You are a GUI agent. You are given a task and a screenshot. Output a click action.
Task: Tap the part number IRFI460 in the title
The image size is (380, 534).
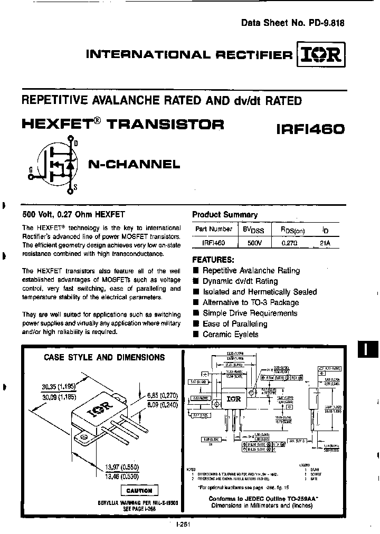click(x=310, y=128)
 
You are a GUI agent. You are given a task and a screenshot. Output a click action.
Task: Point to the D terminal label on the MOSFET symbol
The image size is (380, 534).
click(x=75, y=143)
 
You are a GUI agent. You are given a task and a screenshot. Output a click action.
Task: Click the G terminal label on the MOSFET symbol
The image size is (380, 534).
click(x=30, y=169)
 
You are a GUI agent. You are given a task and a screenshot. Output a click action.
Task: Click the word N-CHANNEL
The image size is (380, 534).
click(x=134, y=164)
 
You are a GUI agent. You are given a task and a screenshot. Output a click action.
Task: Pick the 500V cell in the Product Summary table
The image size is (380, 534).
click(x=254, y=243)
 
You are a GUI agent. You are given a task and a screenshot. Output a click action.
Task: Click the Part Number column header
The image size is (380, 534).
click(x=213, y=230)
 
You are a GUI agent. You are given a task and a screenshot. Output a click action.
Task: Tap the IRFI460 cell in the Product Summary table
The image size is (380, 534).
click(x=213, y=243)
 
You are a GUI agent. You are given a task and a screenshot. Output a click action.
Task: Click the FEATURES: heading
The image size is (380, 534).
click(x=213, y=260)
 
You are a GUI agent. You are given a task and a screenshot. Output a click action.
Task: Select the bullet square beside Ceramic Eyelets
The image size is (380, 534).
click(x=195, y=335)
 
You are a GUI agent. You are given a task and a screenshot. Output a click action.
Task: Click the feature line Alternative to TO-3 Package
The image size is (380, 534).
click(x=251, y=302)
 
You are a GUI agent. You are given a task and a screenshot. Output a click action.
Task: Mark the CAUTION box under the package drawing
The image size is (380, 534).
click(x=139, y=490)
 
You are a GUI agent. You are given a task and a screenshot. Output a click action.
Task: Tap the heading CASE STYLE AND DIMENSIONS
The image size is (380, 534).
click(x=104, y=357)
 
